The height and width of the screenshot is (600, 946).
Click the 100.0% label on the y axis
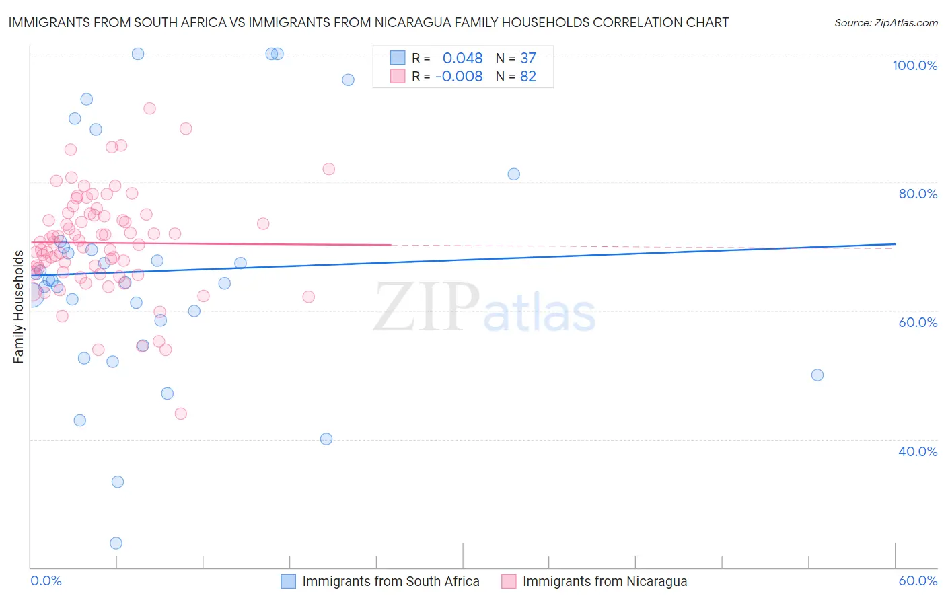tap(914, 65)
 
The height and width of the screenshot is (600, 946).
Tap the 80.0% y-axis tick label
tap(918, 194)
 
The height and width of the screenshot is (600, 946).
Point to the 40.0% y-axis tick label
tap(918, 451)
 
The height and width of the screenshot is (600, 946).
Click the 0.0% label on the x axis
tap(46, 581)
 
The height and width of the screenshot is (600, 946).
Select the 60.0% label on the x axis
tap(918, 581)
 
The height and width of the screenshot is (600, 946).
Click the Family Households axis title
tap(18, 307)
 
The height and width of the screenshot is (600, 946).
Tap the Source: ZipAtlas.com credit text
tap(885, 23)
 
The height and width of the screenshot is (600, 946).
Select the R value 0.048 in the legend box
tap(462, 58)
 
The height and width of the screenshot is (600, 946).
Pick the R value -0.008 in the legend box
tap(459, 77)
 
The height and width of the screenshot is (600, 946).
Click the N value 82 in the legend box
tap(528, 77)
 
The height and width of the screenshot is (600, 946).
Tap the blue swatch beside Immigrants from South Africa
tap(289, 581)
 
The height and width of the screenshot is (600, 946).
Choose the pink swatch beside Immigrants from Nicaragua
tap(509, 581)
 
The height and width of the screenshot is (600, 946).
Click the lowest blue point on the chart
tap(116, 543)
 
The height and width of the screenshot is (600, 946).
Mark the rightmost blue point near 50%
tap(817, 375)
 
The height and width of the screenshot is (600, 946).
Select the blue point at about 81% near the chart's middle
tap(514, 174)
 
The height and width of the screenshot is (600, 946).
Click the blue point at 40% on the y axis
tap(326, 439)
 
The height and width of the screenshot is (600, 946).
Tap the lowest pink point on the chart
tap(180, 414)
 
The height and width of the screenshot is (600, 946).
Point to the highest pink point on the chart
tap(149, 108)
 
